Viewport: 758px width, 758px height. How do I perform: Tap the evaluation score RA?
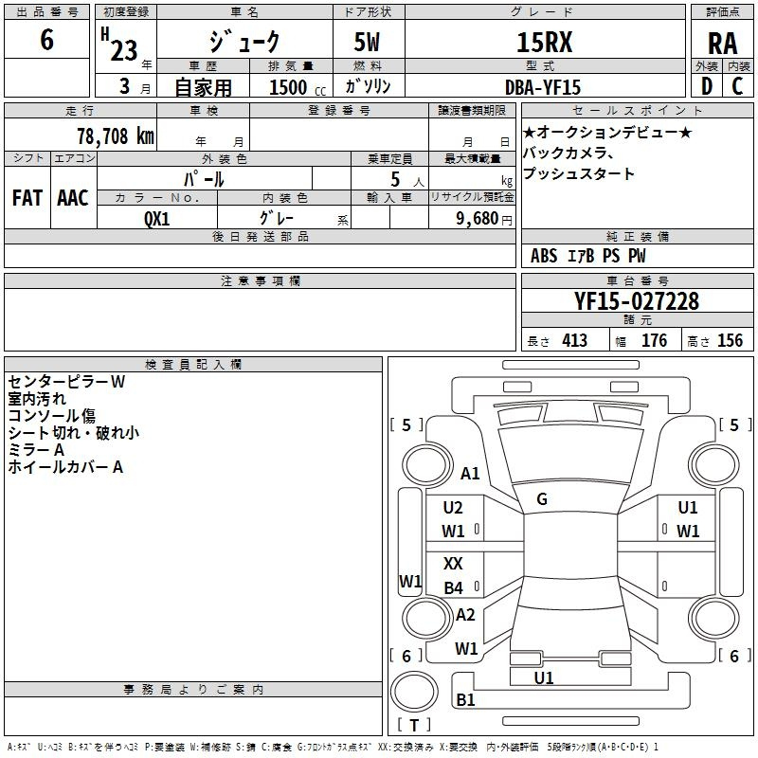pos(722,44)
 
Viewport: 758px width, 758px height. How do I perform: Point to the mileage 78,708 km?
pos(115,135)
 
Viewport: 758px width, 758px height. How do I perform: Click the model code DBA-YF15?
pos(543,86)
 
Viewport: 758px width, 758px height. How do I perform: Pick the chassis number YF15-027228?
pos(637,301)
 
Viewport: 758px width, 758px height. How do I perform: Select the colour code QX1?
pos(157,217)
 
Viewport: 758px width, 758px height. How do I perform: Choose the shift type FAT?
pos(27,198)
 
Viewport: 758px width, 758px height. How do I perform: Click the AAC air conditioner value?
pos(72,198)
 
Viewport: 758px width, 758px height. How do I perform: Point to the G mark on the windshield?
pos(542,499)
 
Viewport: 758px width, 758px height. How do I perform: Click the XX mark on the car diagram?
pos(453,564)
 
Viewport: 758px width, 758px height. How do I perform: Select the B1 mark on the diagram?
pos(465,700)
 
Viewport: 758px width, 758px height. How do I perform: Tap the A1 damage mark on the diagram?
pos(470,474)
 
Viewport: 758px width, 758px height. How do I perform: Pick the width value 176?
pos(654,341)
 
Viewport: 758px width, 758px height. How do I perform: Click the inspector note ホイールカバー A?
pos(65,467)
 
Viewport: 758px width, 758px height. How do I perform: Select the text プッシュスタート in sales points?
pos(578,174)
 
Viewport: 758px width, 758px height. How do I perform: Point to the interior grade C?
pos(737,86)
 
